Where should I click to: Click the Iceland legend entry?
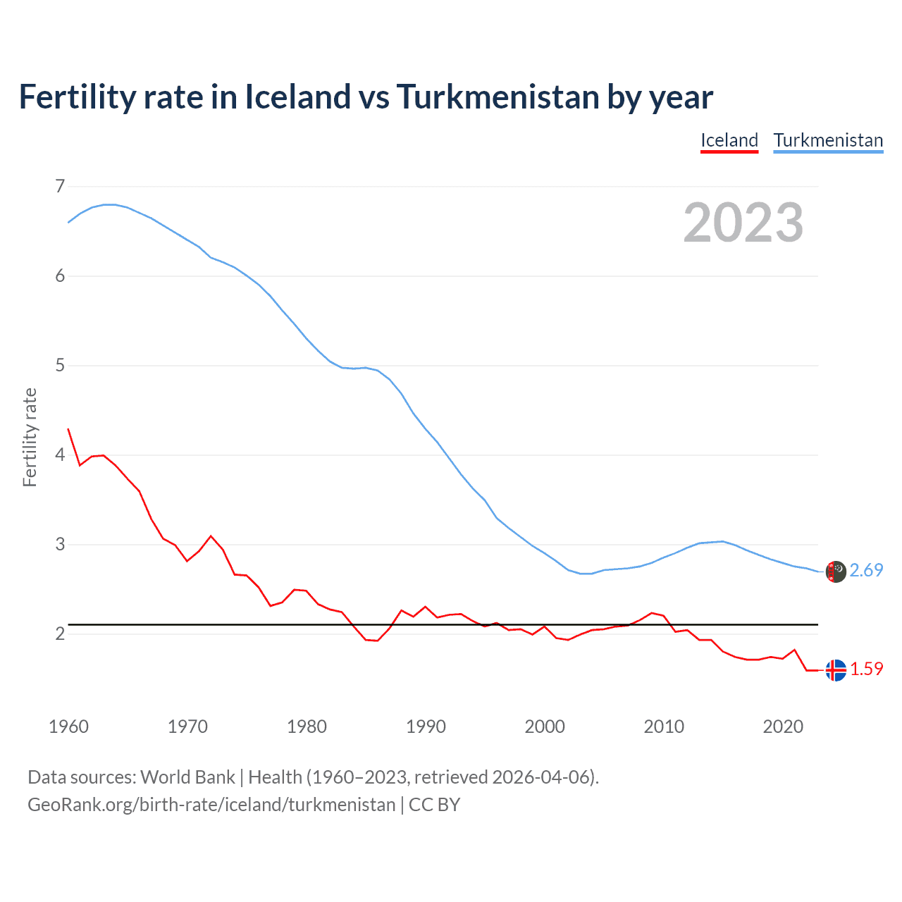[x=729, y=140]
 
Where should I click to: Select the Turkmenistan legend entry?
[x=828, y=140]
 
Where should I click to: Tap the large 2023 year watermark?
[x=743, y=223]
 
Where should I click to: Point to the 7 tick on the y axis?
[x=60, y=186]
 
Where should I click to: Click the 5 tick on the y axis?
[x=60, y=365]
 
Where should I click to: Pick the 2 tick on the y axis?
[x=60, y=634]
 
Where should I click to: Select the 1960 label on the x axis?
[x=68, y=727]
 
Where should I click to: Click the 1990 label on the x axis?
[x=426, y=727]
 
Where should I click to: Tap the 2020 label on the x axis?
[x=783, y=727]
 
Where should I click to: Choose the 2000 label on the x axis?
[x=545, y=727]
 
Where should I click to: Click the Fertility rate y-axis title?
[x=30, y=437]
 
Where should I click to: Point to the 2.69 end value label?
[x=866, y=570]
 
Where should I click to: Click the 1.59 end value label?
[x=866, y=669]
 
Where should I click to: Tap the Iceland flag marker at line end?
[x=836, y=670]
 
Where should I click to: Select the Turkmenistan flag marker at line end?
[x=836, y=572]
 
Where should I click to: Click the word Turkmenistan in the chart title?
[x=498, y=97]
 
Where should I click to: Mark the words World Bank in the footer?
[x=187, y=777]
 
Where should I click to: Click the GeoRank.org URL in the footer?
[x=211, y=805]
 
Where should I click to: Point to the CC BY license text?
[x=434, y=805]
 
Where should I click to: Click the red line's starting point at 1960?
[x=68, y=429]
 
